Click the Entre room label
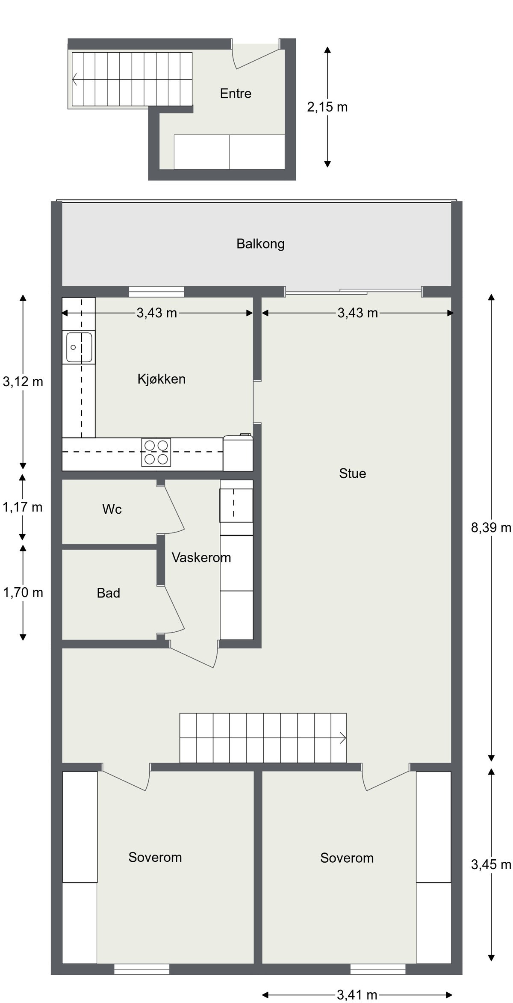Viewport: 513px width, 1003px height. (236, 94)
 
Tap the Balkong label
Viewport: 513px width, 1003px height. (260, 244)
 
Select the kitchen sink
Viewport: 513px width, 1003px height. (79, 347)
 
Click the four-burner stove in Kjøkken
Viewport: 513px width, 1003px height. (156, 452)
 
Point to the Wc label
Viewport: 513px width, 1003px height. (112, 509)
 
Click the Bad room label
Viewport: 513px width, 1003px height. (108, 593)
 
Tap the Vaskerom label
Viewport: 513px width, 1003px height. (201, 557)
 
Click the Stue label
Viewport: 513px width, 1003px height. (352, 473)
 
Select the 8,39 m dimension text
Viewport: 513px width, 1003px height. (491, 528)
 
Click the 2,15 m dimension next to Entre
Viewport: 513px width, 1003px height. (327, 107)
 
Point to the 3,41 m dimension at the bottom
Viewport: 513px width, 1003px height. (357, 995)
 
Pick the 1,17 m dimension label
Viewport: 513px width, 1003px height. (23, 507)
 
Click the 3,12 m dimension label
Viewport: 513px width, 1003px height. (23, 382)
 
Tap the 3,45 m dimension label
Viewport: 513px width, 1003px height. (491, 865)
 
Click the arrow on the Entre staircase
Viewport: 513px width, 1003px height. (75, 80)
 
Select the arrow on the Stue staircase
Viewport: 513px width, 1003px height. (343, 738)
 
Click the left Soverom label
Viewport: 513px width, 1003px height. (155, 857)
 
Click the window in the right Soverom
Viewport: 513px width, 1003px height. (377, 969)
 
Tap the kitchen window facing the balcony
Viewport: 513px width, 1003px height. (156, 292)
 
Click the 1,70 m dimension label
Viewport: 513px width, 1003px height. (23, 593)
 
